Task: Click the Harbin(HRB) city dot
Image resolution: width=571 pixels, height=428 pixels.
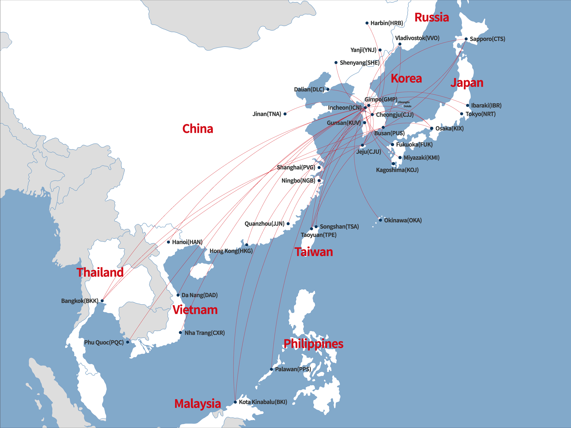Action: (x=367, y=23)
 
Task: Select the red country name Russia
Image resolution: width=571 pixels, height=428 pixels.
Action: (x=432, y=18)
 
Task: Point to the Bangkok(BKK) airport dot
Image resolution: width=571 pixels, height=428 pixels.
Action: (x=102, y=300)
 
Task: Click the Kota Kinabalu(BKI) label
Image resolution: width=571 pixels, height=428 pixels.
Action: (x=263, y=402)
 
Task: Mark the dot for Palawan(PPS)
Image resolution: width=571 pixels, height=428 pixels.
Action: (x=271, y=369)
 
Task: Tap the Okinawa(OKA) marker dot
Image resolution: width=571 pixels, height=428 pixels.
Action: (x=380, y=220)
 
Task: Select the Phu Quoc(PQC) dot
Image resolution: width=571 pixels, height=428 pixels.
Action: (x=128, y=342)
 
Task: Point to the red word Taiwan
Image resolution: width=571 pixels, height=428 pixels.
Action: (x=314, y=252)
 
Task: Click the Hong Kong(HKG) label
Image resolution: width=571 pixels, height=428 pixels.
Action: (x=231, y=251)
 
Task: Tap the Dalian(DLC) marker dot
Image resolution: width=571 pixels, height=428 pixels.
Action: (x=328, y=89)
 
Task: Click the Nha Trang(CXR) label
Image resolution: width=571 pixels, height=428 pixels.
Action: (x=204, y=333)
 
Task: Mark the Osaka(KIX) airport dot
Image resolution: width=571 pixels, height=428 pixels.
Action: (x=432, y=128)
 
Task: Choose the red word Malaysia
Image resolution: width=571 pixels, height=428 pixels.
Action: (x=198, y=404)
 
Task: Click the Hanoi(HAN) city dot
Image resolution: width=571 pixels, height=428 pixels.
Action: (x=168, y=242)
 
